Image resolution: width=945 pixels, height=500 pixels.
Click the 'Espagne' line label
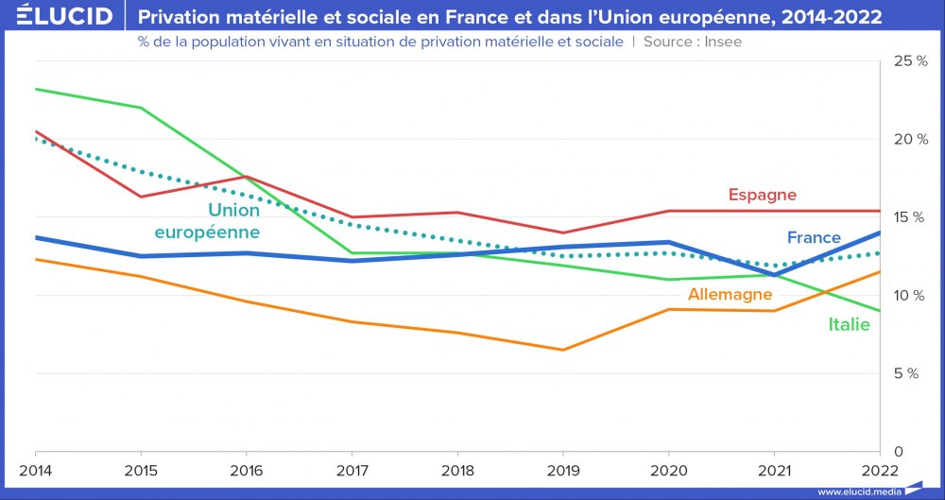click(762, 196)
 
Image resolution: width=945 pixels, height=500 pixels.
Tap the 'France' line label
click(813, 237)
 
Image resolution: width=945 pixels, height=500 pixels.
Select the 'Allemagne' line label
click(730, 295)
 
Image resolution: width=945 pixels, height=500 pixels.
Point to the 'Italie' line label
click(849, 325)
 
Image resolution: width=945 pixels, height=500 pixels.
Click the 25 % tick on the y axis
click(910, 61)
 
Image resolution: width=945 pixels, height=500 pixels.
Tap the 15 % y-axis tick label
click(910, 217)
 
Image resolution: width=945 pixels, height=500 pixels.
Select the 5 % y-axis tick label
click(907, 373)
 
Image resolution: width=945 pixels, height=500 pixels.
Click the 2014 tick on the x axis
click(35, 471)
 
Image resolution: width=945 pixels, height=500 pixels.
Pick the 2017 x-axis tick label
click(352, 471)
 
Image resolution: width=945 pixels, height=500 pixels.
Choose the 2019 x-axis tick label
click(563, 471)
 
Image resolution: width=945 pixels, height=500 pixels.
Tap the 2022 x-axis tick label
click(880, 471)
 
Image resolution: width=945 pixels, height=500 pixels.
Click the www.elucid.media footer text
click(856, 491)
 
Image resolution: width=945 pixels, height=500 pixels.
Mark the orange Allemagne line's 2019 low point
click(563, 350)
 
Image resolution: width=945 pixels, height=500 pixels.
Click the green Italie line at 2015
click(141, 108)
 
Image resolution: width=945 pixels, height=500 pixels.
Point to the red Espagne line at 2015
click(141, 197)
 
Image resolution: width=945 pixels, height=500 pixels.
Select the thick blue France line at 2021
click(775, 274)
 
